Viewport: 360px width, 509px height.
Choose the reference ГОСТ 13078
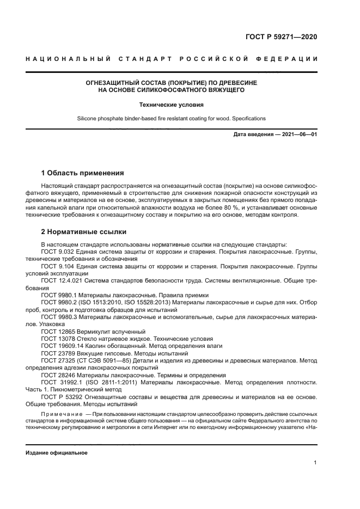coord(57,338)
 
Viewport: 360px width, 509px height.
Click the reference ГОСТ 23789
coord(57,352)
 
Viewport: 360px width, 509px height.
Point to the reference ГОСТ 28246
coord(57,374)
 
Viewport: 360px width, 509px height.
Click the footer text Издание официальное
coord(57,453)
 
